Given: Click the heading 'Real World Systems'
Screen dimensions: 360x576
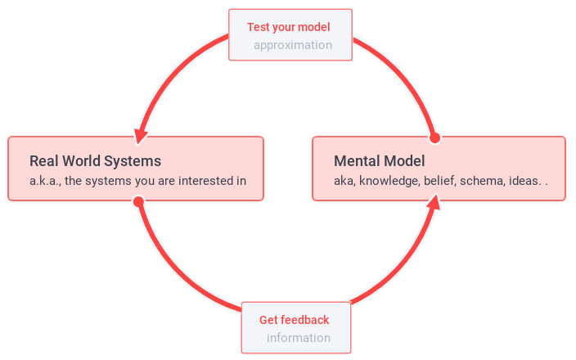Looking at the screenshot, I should click(95, 160).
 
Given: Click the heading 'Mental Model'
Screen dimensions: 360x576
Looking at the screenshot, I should click(380, 160).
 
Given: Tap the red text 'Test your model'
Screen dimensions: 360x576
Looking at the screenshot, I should click(289, 27).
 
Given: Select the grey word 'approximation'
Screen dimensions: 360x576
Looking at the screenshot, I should click(293, 45).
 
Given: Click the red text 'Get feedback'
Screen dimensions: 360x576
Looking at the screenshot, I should click(294, 320).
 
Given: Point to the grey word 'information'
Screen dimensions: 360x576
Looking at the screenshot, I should click(299, 338).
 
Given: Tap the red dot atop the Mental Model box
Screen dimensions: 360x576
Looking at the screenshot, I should click(435, 137).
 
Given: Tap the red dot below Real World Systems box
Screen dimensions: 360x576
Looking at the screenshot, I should click(138, 201).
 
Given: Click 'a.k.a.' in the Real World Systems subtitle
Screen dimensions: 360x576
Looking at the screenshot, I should click(44, 181).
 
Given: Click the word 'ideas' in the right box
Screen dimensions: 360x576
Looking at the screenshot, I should click(524, 181).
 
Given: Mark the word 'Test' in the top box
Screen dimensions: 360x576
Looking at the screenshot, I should click(258, 27).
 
